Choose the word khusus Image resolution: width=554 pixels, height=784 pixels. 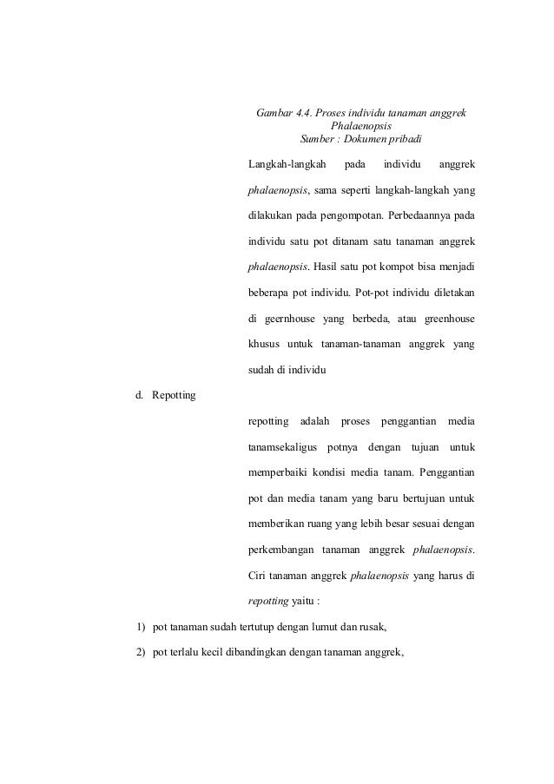(x=264, y=345)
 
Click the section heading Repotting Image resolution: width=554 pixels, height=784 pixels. (x=174, y=396)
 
